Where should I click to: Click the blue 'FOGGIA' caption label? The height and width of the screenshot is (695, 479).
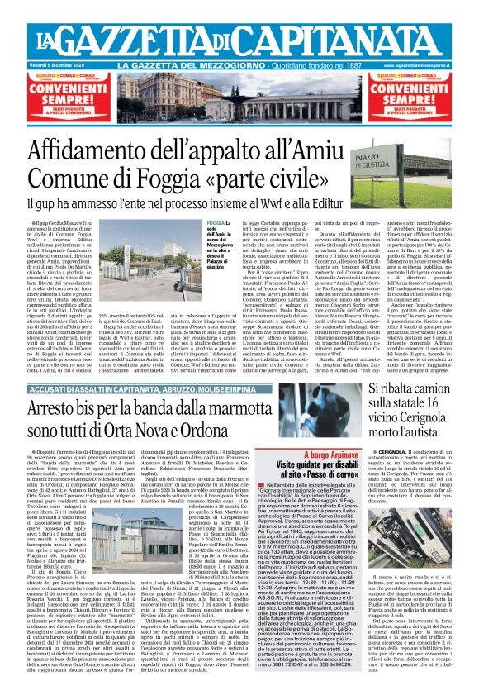215,223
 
